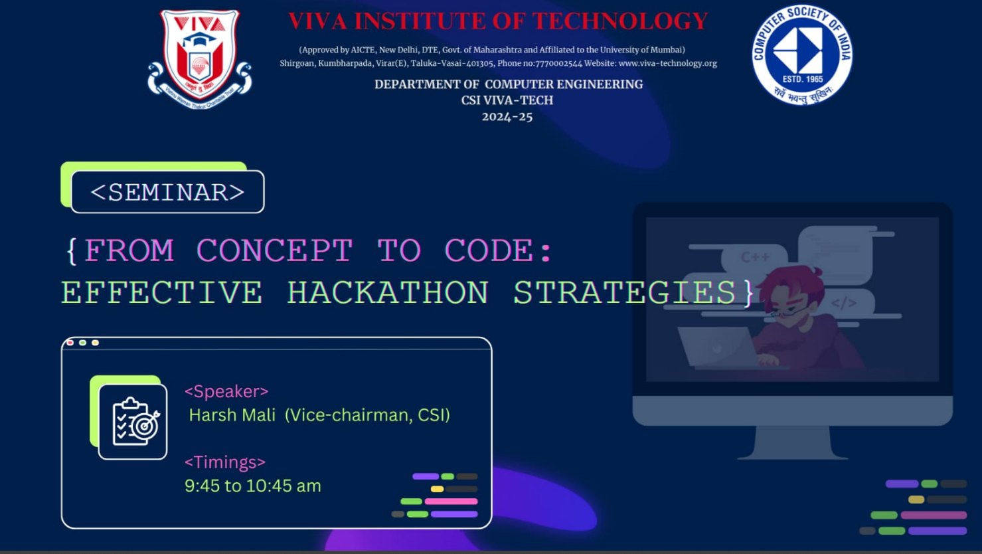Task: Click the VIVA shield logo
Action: [200, 59]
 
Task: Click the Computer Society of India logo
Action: [802, 55]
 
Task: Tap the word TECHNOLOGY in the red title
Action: [620, 21]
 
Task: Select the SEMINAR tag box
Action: [167, 192]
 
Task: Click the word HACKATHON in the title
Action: [388, 292]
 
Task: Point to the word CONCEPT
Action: [274, 250]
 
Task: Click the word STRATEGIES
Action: [625, 292]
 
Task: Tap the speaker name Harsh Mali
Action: [232, 415]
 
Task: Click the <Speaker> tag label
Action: [226, 391]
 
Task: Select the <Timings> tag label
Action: [225, 462]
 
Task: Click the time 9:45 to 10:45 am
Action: [253, 486]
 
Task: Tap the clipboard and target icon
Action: [133, 422]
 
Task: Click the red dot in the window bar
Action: [70, 343]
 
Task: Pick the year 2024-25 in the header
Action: [507, 117]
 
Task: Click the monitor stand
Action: [793, 443]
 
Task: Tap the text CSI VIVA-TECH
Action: [507, 100]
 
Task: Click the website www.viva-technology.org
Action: [668, 63]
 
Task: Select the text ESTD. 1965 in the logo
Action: [803, 80]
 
